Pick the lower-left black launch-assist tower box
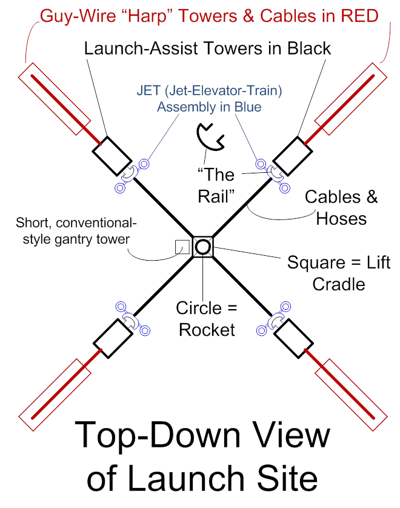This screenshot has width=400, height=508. [x=110, y=336]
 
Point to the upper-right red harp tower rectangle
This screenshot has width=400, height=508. [x=352, y=98]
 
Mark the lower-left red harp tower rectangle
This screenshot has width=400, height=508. [x=52, y=391]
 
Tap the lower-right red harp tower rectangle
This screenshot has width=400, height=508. [x=352, y=392]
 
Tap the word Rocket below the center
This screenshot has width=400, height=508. [x=206, y=330]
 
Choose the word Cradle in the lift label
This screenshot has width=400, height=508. [x=339, y=283]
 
